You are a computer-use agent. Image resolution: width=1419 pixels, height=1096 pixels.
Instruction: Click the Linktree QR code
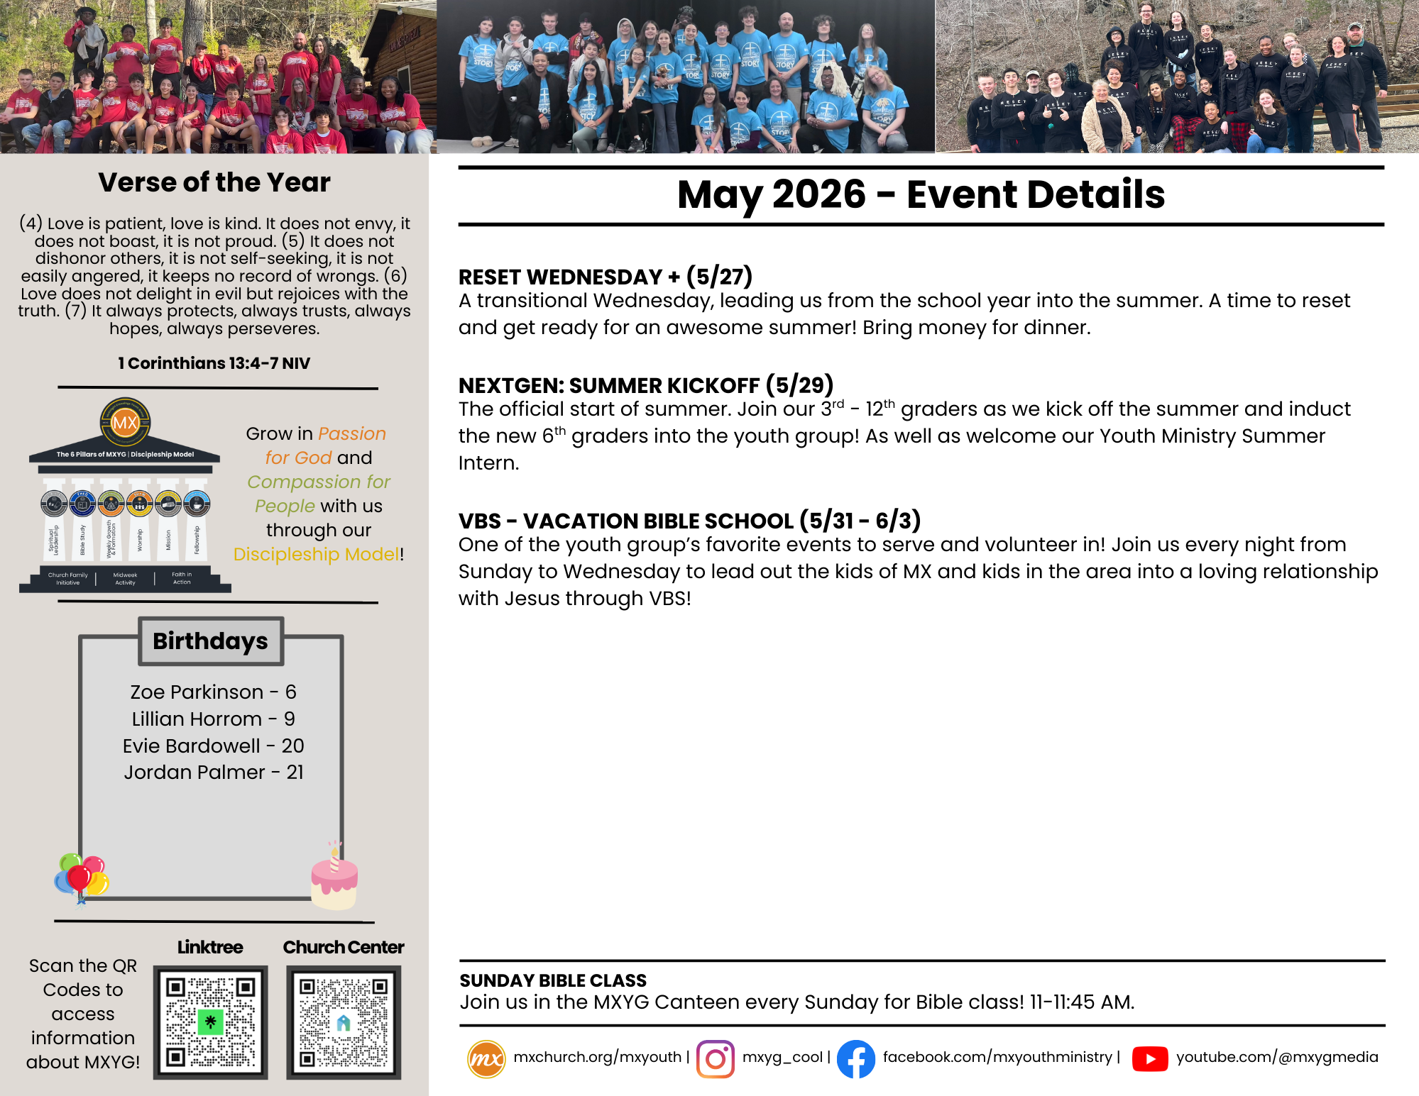(x=210, y=1022)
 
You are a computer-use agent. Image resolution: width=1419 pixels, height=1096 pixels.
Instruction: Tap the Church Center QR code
(x=344, y=1022)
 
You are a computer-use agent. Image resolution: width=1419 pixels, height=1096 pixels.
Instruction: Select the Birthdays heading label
(x=211, y=641)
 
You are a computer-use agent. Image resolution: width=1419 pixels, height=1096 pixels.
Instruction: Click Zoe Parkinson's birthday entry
(x=213, y=692)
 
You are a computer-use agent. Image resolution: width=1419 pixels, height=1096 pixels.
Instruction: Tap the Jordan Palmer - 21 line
(x=214, y=772)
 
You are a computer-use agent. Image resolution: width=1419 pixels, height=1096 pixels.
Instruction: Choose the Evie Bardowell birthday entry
(x=213, y=746)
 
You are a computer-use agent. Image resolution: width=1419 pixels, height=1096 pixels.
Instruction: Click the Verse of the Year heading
(x=214, y=182)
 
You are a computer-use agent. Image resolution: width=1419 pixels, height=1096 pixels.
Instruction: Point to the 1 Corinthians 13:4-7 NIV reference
(x=214, y=363)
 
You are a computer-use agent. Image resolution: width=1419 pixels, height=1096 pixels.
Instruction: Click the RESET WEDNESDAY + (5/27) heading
(x=605, y=276)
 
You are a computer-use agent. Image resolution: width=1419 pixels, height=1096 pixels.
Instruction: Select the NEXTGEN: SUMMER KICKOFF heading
(x=645, y=385)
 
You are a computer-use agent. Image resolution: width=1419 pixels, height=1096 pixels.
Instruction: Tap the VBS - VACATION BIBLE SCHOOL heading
(x=689, y=521)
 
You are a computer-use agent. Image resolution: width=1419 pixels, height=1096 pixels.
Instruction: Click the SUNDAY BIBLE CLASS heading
(x=553, y=980)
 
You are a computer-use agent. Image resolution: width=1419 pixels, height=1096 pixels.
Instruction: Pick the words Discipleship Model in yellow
(x=316, y=554)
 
